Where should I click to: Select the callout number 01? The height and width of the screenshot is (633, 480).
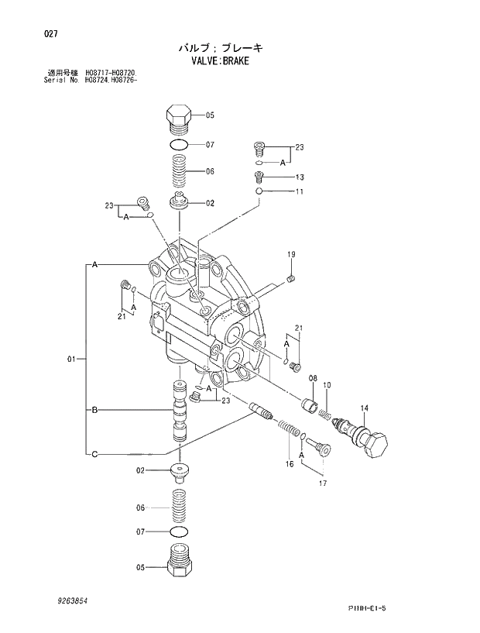(x=71, y=359)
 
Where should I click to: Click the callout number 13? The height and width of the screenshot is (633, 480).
(x=300, y=177)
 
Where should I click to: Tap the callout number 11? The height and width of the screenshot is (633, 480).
(x=299, y=191)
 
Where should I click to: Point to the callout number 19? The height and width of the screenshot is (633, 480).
(x=292, y=255)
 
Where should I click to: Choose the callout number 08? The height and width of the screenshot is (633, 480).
(x=313, y=377)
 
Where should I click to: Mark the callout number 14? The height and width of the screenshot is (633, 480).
(x=364, y=408)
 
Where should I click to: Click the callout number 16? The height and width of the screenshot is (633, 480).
(x=289, y=464)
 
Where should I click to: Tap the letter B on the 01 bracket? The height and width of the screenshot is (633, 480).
(x=94, y=410)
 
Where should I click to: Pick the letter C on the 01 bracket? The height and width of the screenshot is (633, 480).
(x=94, y=454)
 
